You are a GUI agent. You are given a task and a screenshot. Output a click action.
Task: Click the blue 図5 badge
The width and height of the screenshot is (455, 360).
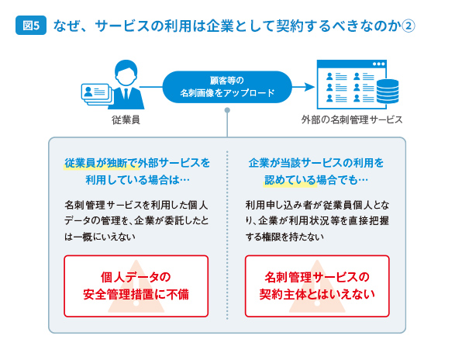pyautogui.click(x=31, y=26)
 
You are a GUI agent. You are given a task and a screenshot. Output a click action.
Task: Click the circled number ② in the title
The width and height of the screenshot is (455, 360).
pyautogui.click(x=408, y=26)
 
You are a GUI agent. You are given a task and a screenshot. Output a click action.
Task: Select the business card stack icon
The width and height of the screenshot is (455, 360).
pyautogui.click(x=96, y=94)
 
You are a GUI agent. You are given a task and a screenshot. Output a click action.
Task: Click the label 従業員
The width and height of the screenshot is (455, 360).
pyautogui.click(x=126, y=119)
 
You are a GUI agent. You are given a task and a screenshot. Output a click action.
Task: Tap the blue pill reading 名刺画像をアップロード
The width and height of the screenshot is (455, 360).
pyautogui.click(x=227, y=87)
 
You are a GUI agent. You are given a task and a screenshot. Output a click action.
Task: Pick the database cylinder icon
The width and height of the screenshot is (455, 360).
pyautogui.click(x=388, y=92)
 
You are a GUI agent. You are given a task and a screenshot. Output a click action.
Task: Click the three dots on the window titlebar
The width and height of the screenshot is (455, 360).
pyautogui.click(x=379, y=64)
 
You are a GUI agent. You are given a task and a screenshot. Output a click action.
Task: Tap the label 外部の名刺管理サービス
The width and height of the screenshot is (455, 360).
pyautogui.click(x=352, y=119)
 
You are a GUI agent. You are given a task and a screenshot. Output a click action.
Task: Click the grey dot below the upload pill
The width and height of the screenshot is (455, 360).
pyautogui.click(x=227, y=110)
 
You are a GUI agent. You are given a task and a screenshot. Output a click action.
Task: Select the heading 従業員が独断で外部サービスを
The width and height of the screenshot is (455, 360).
pyautogui.click(x=137, y=163)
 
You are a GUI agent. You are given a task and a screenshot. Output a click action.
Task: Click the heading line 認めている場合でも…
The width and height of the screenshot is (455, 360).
pyautogui.click(x=316, y=180)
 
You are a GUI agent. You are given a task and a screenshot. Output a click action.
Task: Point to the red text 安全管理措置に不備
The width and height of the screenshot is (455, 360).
pyautogui.click(x=136, y=294)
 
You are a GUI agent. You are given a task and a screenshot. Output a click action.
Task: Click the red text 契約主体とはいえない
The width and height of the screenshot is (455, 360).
pyautogui.click(x=317, y=294)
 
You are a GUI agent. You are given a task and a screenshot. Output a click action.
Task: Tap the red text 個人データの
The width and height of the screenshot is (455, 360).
pyautogui.click(x=136, y=277)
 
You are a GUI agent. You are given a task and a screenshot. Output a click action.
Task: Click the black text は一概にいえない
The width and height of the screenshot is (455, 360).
pyautogui.click(x=100, y=237)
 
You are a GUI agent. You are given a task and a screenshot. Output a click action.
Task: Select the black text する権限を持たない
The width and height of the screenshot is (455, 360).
pyautogui.click(x=284, y=237)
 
